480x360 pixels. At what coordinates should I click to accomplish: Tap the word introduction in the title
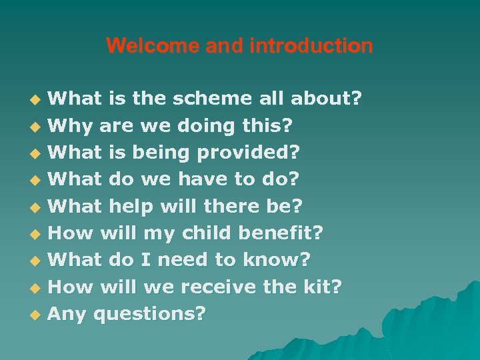click(311, 46)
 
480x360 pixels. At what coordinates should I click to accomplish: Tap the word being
click(161, 153)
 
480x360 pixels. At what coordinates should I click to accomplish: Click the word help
click(131, 207)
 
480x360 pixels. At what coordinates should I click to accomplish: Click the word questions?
click(150, 314)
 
